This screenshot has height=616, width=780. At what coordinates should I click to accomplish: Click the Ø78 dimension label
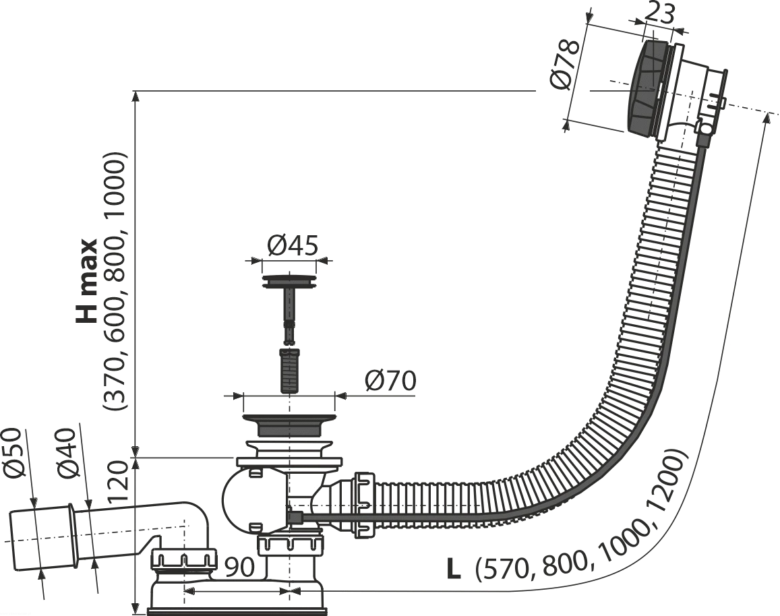(566, 65)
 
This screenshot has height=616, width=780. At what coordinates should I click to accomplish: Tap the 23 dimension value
(659, 14)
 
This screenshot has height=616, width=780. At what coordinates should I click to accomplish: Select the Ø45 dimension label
(292, 245)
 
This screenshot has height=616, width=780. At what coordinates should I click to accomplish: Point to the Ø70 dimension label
(390, 381)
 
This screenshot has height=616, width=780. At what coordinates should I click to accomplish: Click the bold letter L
(452, 570)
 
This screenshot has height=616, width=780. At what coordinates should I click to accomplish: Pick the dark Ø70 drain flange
(288, 423)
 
